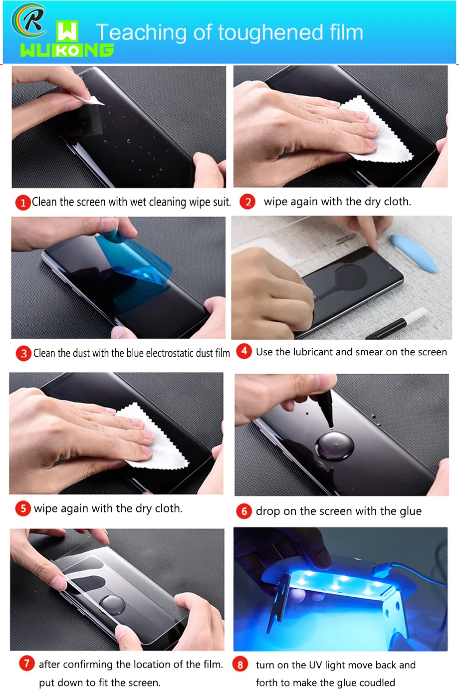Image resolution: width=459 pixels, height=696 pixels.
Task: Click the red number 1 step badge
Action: click(x=23, y=203)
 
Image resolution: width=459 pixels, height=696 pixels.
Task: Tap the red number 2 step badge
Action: click(x=247, y=202)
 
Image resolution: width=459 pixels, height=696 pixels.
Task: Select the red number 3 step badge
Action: click(x=23, y=353)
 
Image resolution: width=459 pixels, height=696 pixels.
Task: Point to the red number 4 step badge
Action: click(x=244, y=351)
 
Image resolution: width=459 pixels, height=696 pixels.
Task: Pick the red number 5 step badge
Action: click(x=23, y=508)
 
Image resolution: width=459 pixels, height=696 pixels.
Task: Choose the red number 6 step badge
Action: click(x=244, y=511)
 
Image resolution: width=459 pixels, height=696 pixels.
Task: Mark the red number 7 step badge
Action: click(x=27, y=664)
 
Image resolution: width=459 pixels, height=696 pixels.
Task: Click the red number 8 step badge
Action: click(x=240, y=665)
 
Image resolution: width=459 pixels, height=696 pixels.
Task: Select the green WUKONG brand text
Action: click(x=67, y=50)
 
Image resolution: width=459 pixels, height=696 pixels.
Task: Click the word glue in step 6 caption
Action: click(x=410, y=511)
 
